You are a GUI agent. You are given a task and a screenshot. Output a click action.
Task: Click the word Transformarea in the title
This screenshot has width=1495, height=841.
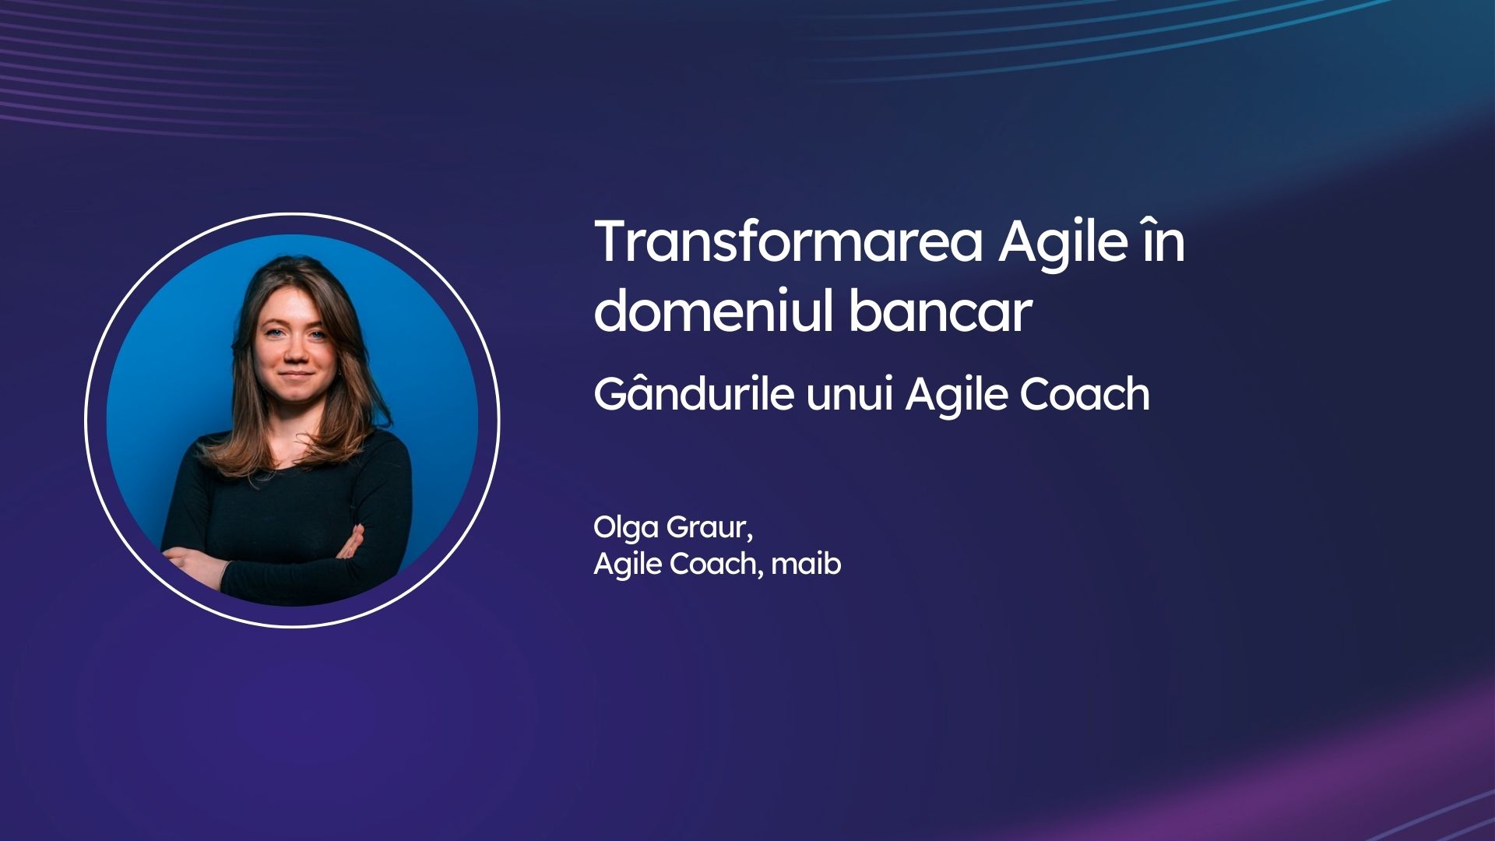(789, 241)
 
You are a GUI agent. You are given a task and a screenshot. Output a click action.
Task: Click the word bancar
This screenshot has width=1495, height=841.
(940, 311)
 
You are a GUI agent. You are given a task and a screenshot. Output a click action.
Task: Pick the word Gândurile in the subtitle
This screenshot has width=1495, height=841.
(694, 394)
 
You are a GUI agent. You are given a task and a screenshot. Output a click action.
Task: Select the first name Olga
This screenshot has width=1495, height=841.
(626, 529)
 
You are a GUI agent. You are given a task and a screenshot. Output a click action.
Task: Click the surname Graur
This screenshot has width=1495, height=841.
(707, 528)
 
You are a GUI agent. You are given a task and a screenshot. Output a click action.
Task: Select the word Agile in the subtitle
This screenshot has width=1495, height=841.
(956, 396)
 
